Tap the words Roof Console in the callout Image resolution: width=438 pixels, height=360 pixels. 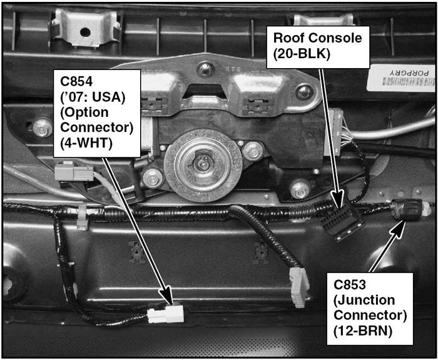click(x=317, y=38)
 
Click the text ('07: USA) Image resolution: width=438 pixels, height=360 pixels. click(x=94, y=97)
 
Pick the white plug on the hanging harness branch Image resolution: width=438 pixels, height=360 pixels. click(x=298, y=287)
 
